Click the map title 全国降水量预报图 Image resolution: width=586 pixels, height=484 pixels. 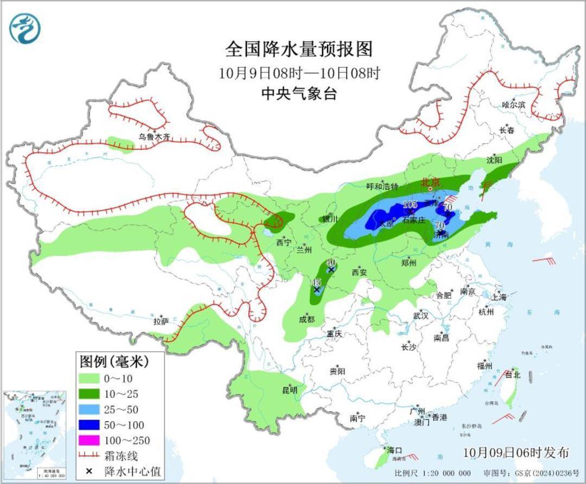299,49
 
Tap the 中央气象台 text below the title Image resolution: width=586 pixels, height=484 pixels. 299,94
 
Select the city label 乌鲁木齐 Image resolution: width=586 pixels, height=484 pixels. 154,137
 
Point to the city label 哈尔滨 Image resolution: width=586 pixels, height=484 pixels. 513,105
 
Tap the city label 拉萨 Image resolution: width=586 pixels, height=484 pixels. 161,321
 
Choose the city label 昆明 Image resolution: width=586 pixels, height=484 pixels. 289,390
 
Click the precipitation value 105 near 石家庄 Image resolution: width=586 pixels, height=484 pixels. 410,204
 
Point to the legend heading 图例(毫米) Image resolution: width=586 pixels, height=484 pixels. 114,360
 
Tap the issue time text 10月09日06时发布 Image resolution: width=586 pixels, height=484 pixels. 517,453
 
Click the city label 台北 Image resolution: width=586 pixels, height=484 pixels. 513,375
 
